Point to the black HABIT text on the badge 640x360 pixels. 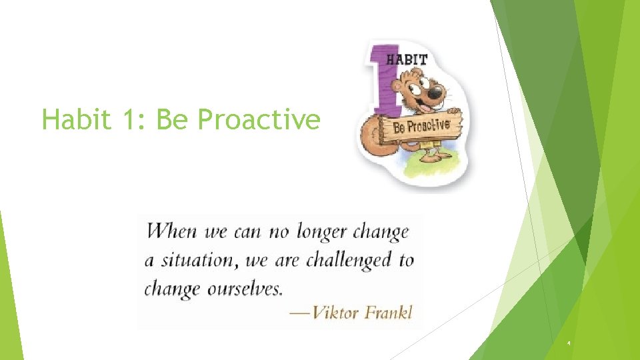pos(407,58)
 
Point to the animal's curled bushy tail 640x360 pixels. pos(371,136)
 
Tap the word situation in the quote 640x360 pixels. pos(197,260)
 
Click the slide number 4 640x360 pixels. pos(569,343)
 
